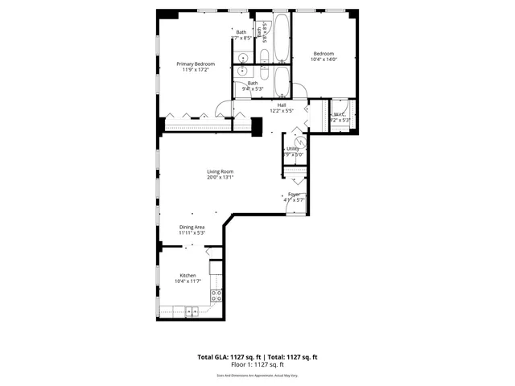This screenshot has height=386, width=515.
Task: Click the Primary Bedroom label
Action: coord(195,64)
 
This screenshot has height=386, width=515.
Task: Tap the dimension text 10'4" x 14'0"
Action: coord(323,60)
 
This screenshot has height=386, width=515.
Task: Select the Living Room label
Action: coord(220,171)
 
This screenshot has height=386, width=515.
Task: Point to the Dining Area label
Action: coord(192,227)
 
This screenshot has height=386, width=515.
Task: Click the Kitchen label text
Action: coord(187,275)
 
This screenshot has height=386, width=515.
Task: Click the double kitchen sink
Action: coord(192,310)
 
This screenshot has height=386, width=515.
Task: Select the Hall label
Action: coord(282,105)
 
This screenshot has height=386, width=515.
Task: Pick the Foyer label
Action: coord(295,194)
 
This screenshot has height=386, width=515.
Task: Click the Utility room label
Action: coord(293,149)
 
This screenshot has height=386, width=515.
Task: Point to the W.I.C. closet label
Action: coord(339,114)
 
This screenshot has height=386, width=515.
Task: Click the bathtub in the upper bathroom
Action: coord(282,40)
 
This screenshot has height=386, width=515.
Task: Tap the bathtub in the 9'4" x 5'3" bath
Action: coord(282,80)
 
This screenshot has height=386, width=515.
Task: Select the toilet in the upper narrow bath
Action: coord(264,55)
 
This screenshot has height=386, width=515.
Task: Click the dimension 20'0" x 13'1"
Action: coord(220,178)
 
